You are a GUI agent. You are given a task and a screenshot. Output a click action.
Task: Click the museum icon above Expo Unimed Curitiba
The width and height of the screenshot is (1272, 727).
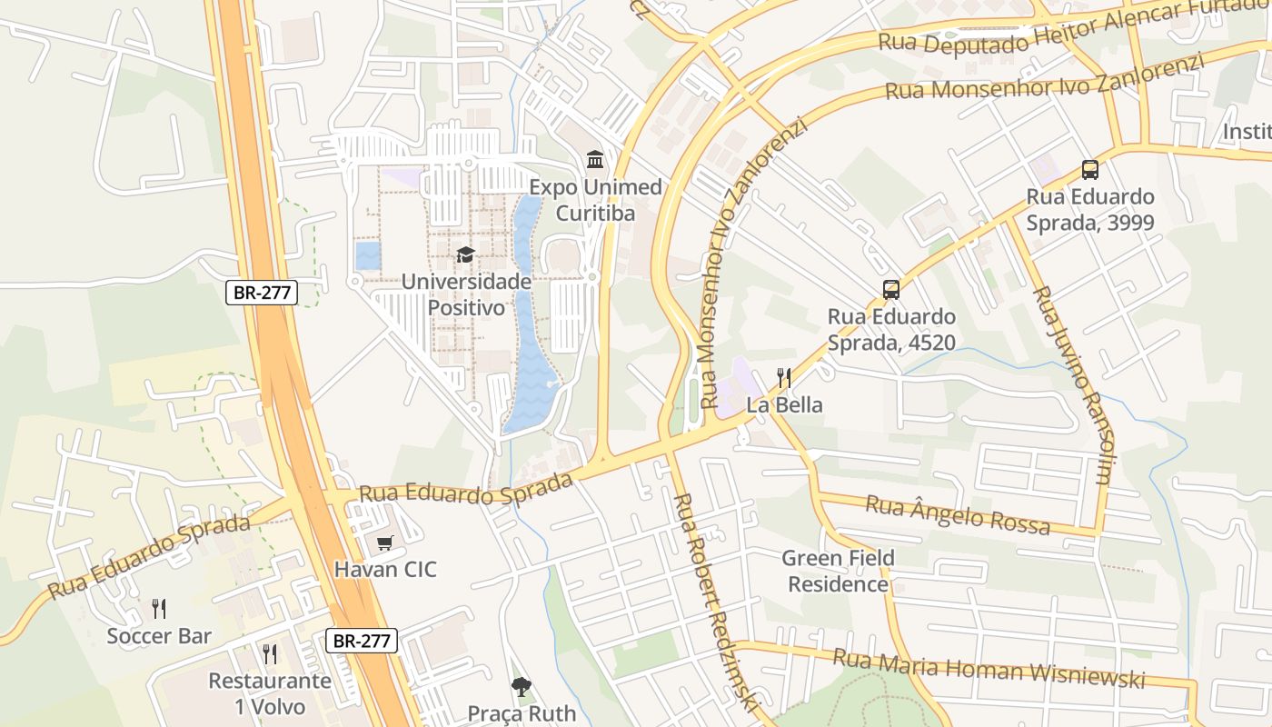click(595, 161)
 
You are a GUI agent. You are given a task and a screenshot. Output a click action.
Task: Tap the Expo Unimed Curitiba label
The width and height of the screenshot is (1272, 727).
click(595, 200)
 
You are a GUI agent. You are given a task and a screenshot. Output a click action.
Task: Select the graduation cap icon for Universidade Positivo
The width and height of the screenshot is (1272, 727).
click(465, 255)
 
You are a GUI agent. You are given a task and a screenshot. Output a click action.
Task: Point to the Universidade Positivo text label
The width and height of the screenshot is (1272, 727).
click(466, 294)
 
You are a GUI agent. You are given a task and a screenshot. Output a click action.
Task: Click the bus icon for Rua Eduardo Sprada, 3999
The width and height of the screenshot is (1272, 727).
click(1090, 169)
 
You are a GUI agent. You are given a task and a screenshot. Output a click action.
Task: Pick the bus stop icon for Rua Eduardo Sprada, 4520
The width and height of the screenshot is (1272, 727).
click(891, 290)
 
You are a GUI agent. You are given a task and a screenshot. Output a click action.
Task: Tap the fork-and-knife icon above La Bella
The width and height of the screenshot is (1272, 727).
click(784, 378)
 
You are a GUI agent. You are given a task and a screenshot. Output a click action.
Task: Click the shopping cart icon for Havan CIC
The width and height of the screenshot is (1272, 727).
click(385, 543)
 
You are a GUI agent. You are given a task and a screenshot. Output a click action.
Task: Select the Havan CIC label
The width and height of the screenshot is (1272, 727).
click(385, 570)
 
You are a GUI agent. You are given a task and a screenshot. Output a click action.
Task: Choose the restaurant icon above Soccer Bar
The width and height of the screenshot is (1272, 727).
click(159, 608)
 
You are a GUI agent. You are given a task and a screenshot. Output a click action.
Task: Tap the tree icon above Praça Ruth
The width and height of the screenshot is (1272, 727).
click(521, 686)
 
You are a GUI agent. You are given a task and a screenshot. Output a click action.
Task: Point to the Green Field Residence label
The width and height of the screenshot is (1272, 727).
click(838, 571)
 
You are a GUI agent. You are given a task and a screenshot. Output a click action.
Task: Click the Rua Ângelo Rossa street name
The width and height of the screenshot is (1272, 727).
click(957, 515)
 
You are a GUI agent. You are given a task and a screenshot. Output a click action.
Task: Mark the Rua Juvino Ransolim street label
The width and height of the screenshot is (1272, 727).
click(1072, 384)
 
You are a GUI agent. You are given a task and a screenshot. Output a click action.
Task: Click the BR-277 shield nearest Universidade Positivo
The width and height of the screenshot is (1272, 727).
click(262, 293)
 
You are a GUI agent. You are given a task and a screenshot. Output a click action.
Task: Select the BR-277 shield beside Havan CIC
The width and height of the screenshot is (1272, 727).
click(362, 641)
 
